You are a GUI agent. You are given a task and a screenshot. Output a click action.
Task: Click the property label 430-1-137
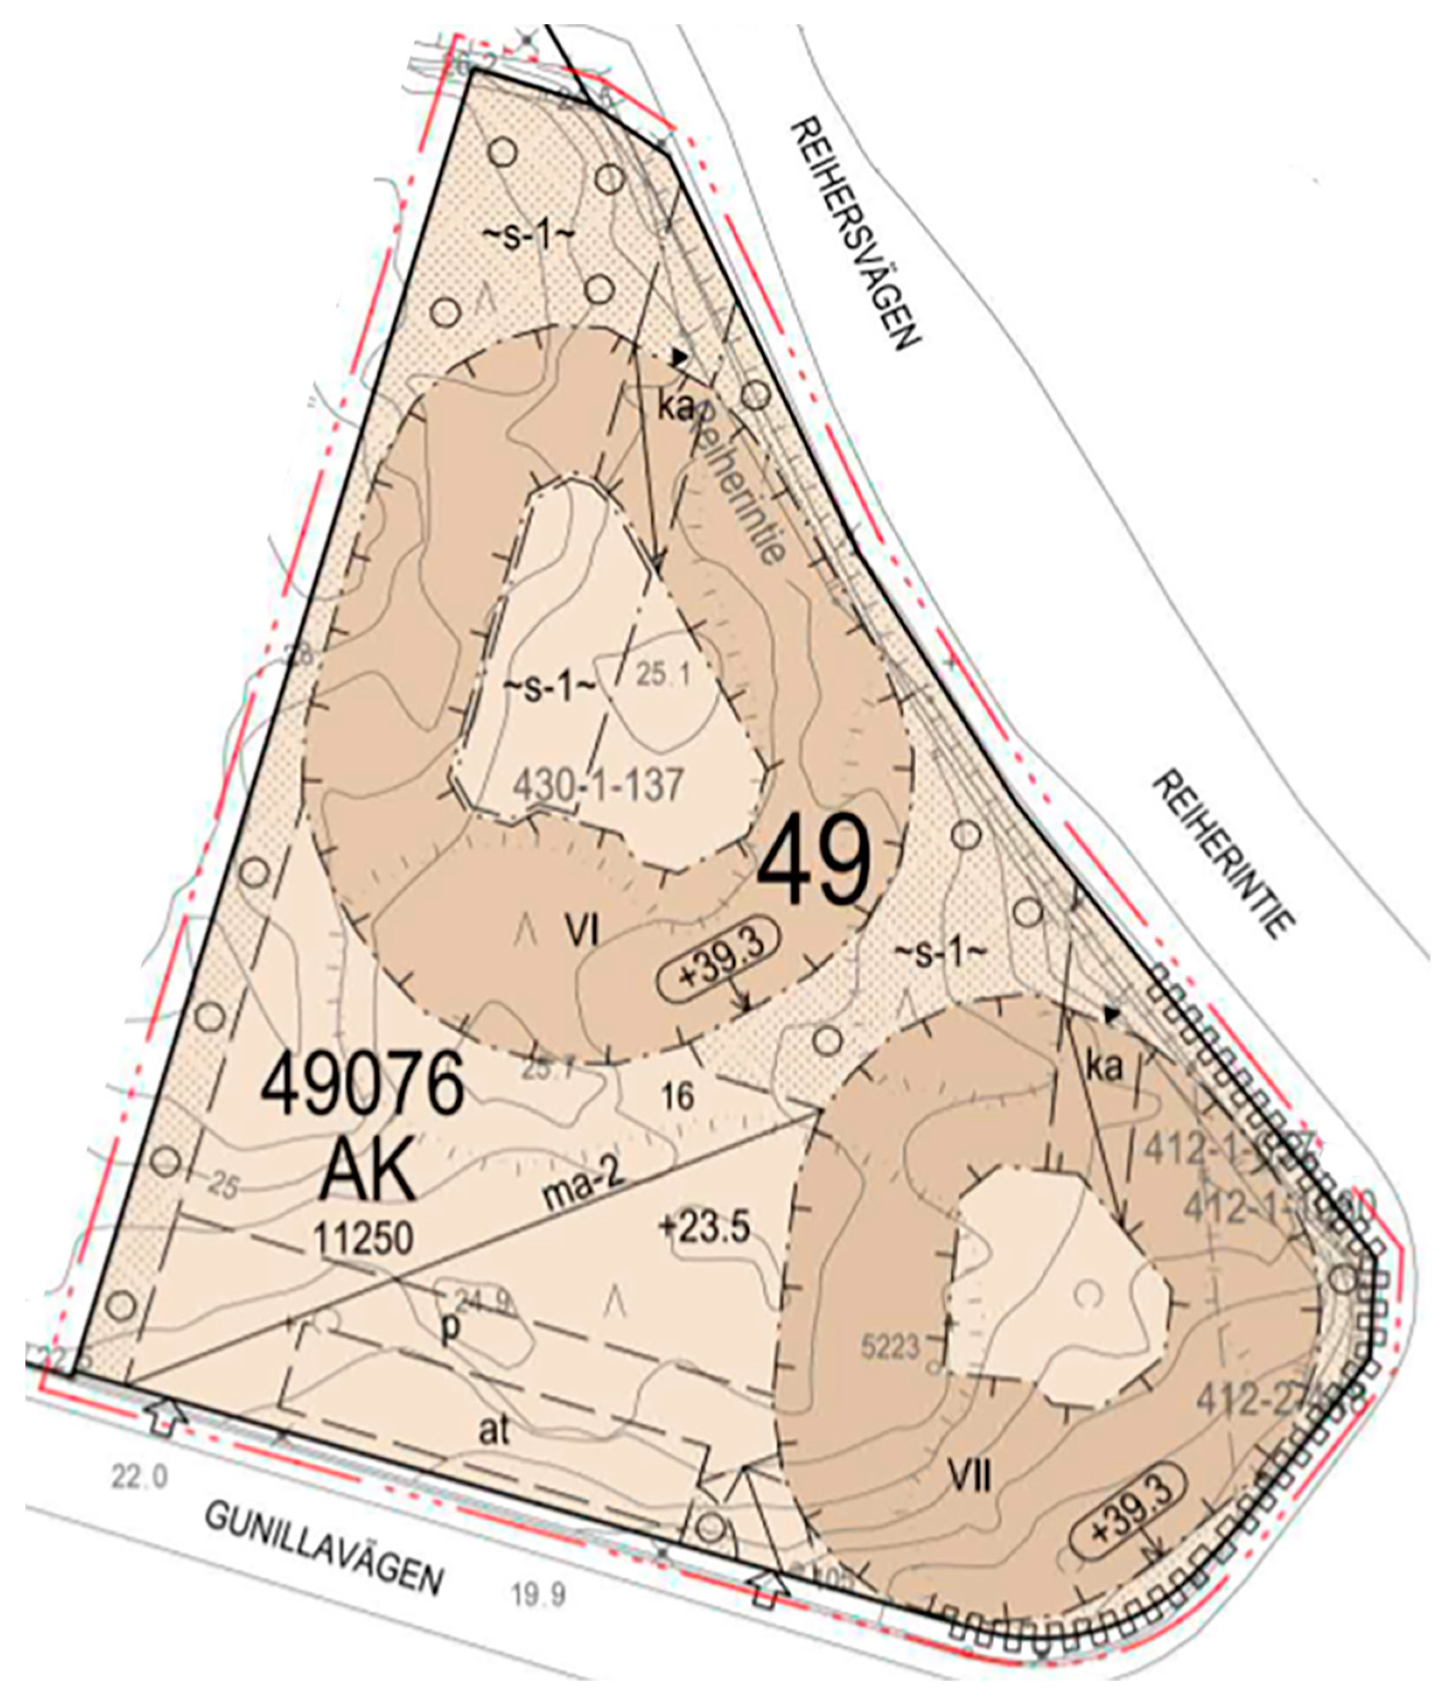point(597,786)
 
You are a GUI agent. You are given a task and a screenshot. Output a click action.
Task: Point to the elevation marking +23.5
point(704,1228)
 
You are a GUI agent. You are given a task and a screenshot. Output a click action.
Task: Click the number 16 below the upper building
point(678,1096)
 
